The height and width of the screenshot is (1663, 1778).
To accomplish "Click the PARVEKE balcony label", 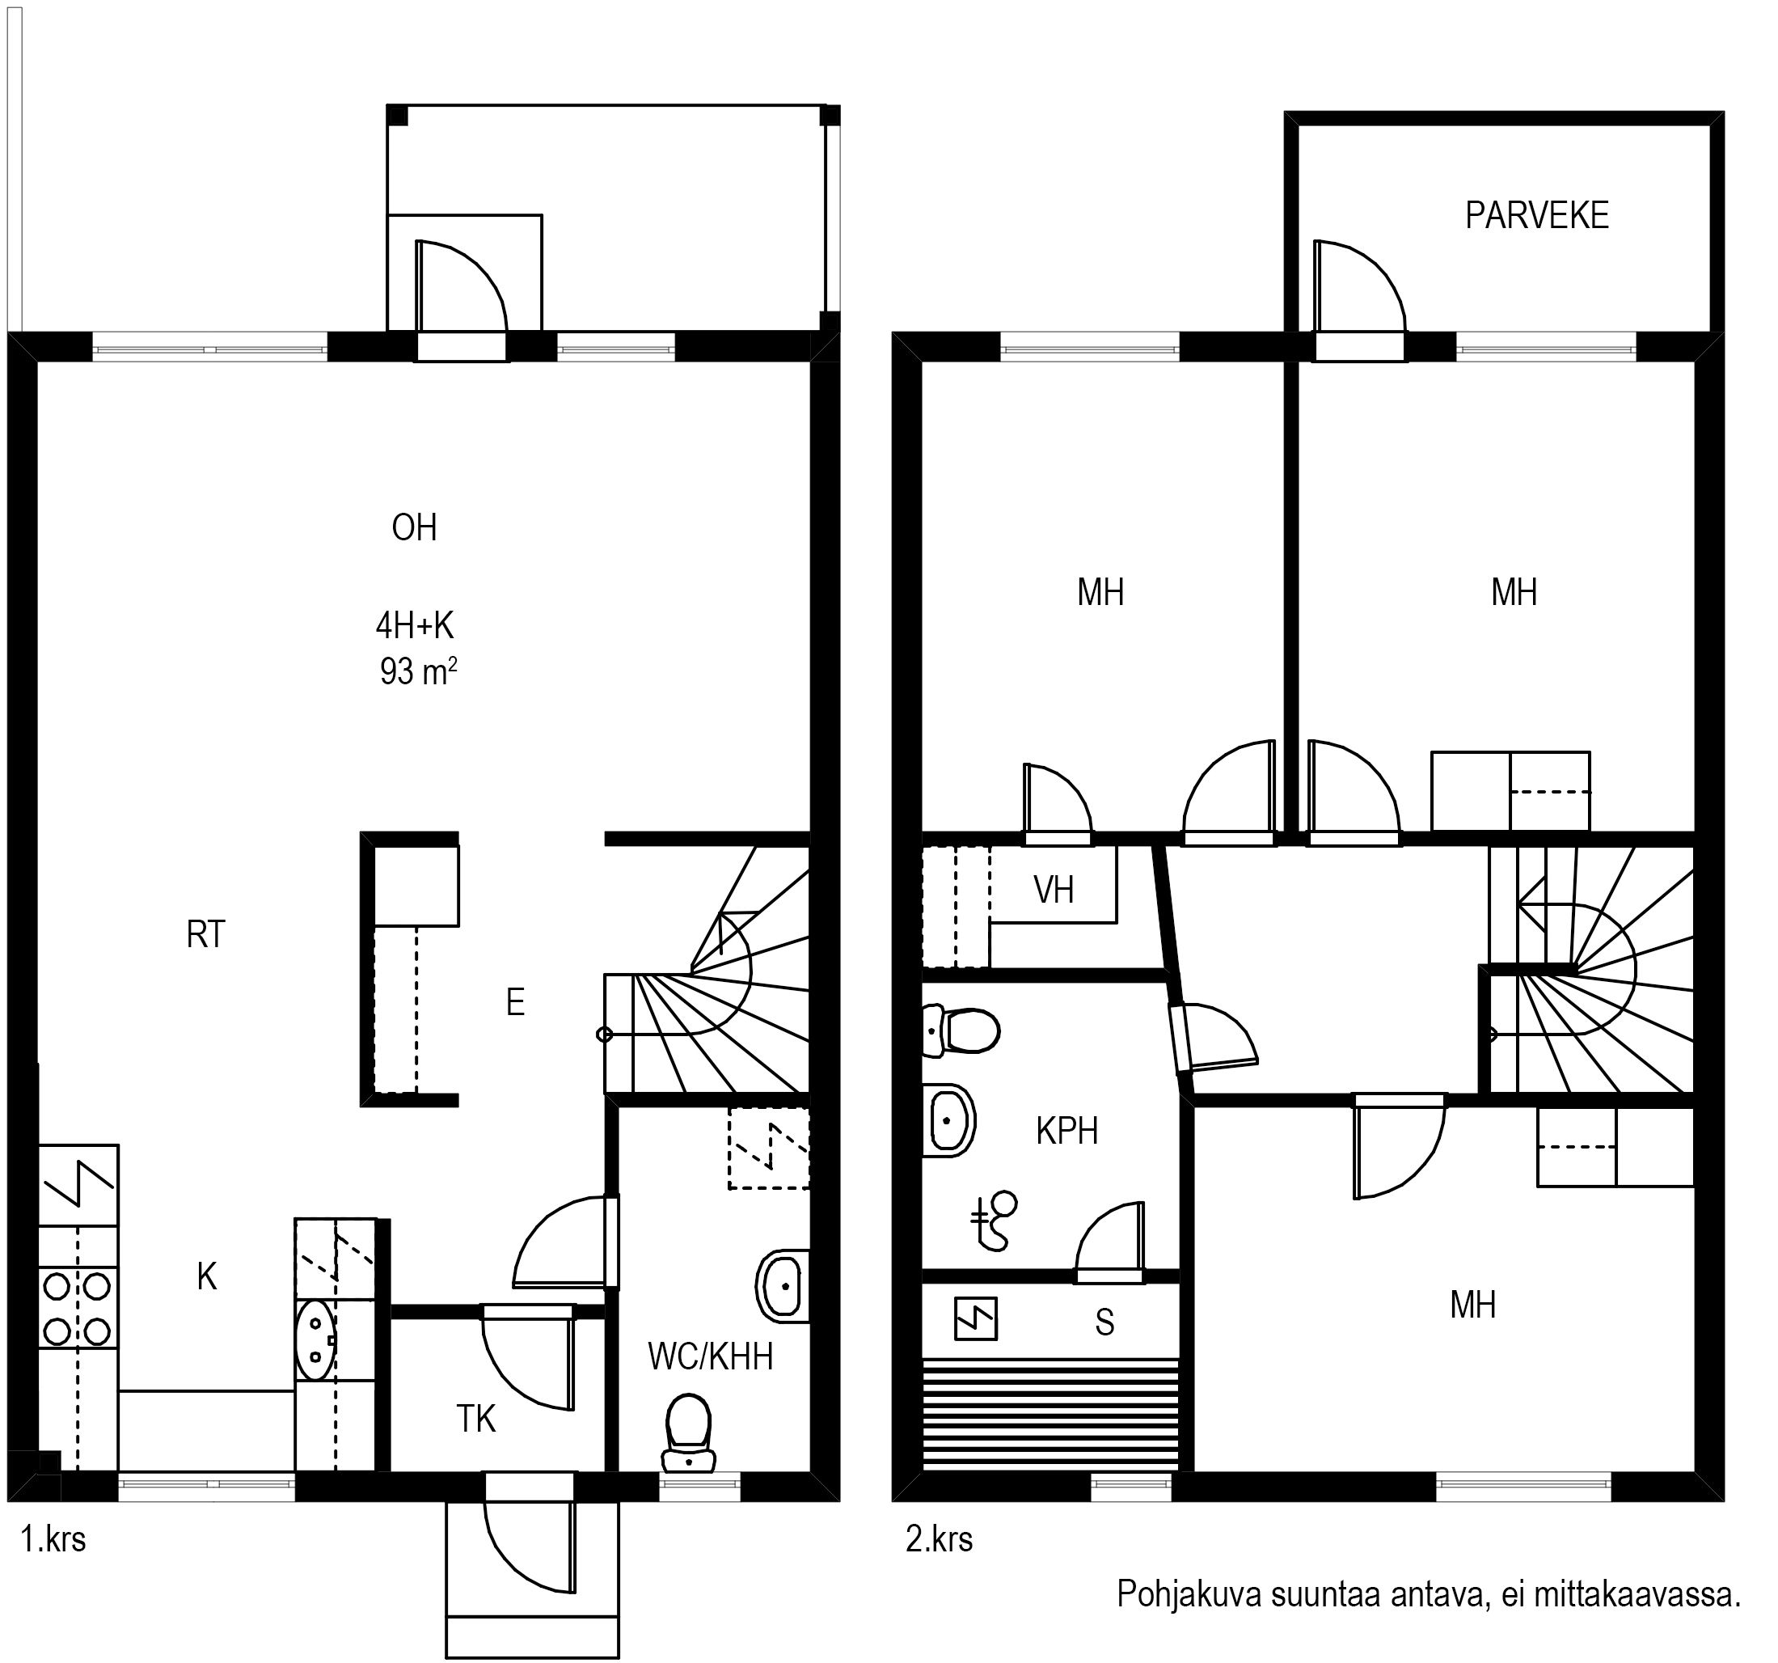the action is (1536, 216).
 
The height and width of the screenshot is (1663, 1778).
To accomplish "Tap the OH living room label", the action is (414, 528).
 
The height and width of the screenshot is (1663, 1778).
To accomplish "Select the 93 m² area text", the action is (419, 671).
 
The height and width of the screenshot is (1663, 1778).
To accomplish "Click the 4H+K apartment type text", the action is (415, 625).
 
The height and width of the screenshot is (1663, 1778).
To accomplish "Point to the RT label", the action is (205, 935).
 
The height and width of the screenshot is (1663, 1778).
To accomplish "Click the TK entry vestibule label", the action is (475, 1419).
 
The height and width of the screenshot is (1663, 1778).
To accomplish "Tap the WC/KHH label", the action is (710, 1357).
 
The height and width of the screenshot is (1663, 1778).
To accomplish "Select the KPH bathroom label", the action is (1067, 1132).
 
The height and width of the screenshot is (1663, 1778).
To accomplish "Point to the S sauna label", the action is (1104, 1322).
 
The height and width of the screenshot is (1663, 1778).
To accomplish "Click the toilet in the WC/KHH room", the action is (689, 1432).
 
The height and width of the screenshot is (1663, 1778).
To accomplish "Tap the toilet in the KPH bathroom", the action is (960, 1030).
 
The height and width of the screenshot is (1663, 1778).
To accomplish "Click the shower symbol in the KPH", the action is (995, 1221).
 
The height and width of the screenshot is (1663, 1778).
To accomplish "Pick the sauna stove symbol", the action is (976, 1318).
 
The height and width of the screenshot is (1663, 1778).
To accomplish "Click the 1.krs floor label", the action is (53, 1538).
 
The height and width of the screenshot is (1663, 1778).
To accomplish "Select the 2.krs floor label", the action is (939, 1538).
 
